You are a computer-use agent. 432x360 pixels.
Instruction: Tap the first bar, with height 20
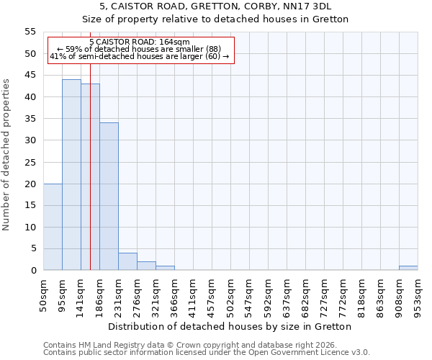[x=53, y=227]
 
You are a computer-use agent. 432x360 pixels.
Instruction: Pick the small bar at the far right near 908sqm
[x=408, y=268]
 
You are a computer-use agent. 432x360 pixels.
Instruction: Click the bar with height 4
[x=127, y=261]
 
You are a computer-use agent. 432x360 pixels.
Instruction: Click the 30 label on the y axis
[x=30, y=140]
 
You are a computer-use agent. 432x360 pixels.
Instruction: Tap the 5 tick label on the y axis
[x=32, y=248]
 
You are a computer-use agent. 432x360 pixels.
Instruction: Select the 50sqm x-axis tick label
[x=44, y=294]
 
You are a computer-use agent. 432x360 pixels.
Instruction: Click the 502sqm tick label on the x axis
[x=231, y=295]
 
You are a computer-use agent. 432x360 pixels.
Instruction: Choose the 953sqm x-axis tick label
[x=418, y=295]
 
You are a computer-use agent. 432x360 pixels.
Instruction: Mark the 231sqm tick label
[x=119, y=295]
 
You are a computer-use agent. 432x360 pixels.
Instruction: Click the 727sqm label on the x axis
[x=325, y=295]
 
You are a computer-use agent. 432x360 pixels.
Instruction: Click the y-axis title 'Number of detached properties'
[x=6, y=154]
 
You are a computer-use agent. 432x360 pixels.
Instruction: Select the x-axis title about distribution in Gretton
[x=230, y=326]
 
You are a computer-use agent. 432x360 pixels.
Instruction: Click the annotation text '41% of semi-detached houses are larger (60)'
[x=140, y=56]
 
